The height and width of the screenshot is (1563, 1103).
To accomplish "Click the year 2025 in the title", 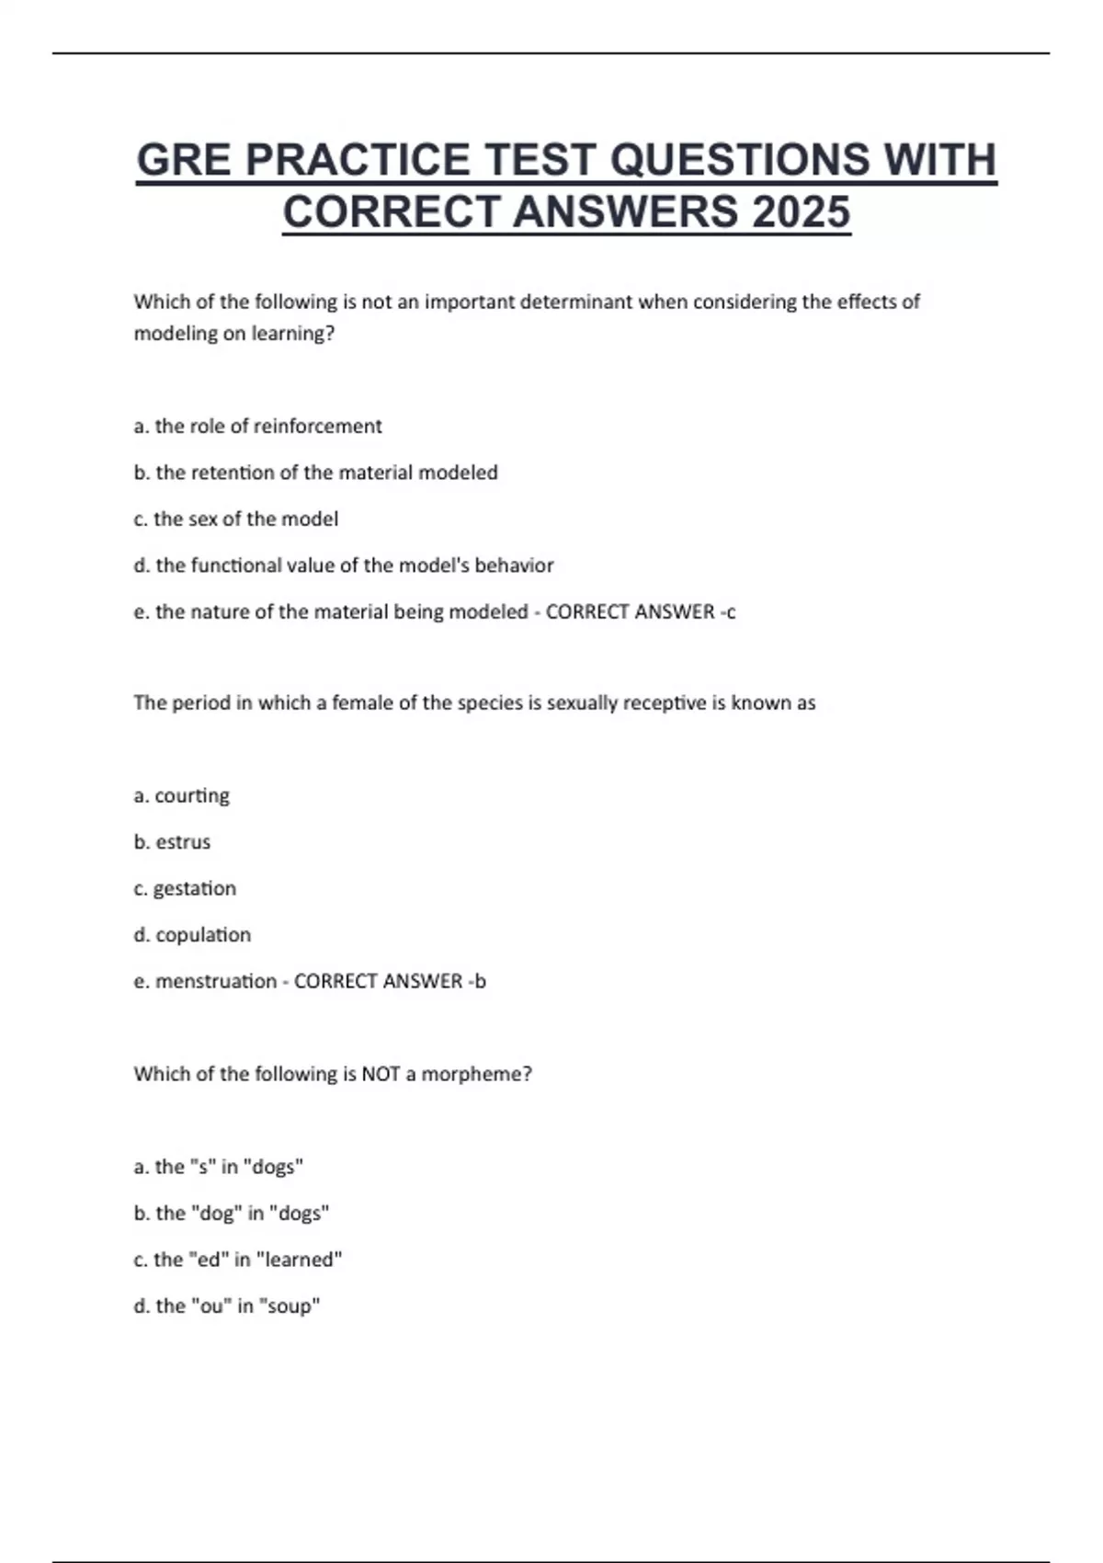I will (801, 212).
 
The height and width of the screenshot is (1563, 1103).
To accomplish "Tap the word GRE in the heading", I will (183, 160).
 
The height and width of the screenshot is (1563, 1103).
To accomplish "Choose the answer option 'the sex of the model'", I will (236, 519).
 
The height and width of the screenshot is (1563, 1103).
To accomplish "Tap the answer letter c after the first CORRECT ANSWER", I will (731, 612).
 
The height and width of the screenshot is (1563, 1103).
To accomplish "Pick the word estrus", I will (183, 842).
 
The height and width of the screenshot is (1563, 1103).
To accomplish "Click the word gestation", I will (194, 889).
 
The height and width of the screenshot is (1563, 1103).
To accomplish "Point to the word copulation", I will (203, 935).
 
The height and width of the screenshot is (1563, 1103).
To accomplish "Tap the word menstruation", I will (216, 982).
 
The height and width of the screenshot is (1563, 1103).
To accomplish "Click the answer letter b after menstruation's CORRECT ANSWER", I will (481, 982).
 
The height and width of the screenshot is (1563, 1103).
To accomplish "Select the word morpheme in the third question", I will (476, 1074).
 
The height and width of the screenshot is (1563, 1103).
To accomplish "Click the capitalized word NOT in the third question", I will (381, 1074).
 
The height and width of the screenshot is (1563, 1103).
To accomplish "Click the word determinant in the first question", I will (576, 302).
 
